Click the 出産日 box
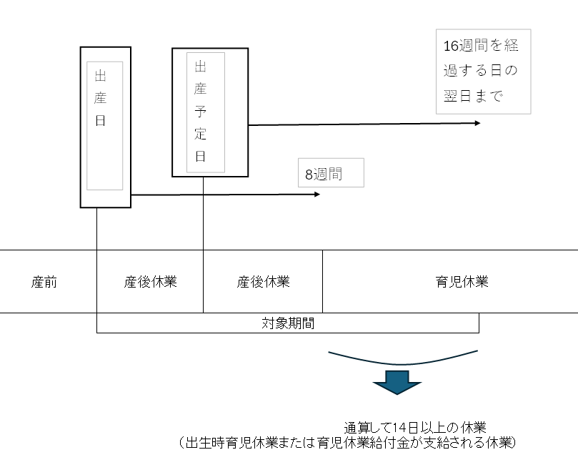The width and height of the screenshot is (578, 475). coord(105,127)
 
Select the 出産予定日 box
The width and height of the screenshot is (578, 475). coord(210,112)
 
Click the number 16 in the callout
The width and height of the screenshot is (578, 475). coord(451,46)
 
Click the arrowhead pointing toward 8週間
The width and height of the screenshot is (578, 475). coord(317,194)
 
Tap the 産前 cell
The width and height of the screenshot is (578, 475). coord(44,282)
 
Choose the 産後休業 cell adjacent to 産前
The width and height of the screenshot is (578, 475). coord(150,282)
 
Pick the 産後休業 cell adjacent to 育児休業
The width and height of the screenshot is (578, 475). coord(263,282)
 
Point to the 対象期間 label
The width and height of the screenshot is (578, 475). coord(288,323)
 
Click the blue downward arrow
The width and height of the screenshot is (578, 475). coord(397,382)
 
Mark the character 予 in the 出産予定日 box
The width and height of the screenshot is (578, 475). coord(201,112)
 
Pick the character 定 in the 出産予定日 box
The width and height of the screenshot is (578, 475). coord(201,134)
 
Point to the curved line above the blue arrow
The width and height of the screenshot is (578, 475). coord(402,363)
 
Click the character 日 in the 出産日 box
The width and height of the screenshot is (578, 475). coord(100,120)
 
